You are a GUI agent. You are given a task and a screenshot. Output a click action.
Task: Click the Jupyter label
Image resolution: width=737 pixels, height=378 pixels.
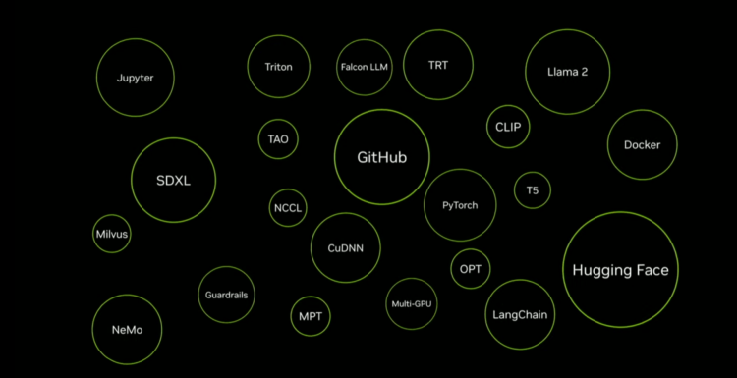coord(135,78)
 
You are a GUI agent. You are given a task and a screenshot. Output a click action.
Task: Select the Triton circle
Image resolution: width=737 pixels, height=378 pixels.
coord(279,35)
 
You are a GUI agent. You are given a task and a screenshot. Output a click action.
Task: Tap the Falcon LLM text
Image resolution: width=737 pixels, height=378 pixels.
coord(365,67)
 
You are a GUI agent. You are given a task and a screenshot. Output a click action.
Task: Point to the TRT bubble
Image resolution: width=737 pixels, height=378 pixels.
coord(438,30)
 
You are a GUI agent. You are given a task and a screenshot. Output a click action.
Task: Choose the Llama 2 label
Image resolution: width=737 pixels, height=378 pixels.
coord(567,72)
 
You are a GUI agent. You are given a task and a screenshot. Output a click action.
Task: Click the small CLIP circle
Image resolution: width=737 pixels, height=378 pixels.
coord(508,106)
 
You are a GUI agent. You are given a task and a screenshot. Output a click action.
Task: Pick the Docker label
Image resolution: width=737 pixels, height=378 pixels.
coord(642,145)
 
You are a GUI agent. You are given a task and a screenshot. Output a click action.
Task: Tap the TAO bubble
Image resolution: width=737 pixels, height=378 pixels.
coord(278,120)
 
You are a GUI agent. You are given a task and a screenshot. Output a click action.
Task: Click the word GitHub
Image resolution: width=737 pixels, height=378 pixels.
coord(381,157)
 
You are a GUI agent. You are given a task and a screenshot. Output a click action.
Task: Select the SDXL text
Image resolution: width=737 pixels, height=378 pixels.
coord(173,181)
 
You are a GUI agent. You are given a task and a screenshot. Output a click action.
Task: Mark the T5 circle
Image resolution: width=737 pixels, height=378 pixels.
coord(533,173)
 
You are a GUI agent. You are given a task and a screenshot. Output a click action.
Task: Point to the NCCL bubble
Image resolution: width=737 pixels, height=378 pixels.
coord(288,189)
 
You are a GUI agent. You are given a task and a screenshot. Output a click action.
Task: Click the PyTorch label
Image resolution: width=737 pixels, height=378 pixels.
coord(460,205)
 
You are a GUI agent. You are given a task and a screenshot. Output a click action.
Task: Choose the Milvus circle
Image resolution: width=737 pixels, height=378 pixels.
coord(112,215)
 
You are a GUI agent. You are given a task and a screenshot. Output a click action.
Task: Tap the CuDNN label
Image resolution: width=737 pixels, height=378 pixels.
coord(346,248)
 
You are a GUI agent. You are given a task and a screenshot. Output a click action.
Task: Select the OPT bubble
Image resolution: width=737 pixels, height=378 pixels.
coord(471,249)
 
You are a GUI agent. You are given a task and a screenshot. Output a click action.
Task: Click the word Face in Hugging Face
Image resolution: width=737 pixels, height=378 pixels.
coord(651,270)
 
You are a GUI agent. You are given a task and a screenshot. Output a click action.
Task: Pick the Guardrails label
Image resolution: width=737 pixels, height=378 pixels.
coord(227,295)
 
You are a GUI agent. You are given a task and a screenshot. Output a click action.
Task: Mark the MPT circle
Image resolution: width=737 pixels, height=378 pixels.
coord(311,297)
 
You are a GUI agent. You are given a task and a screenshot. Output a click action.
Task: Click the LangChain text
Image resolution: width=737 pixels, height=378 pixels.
coord(520,315)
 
